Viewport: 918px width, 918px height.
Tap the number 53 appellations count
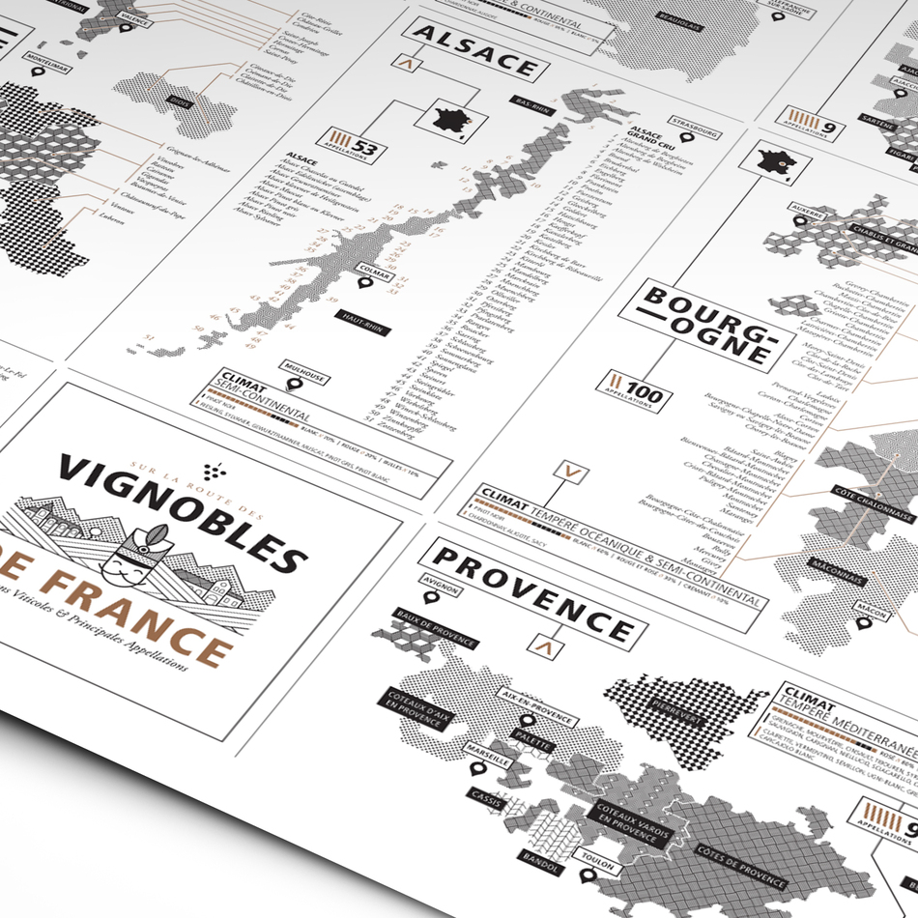tap(363, 148)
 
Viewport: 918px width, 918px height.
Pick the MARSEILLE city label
tap(488, 760)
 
